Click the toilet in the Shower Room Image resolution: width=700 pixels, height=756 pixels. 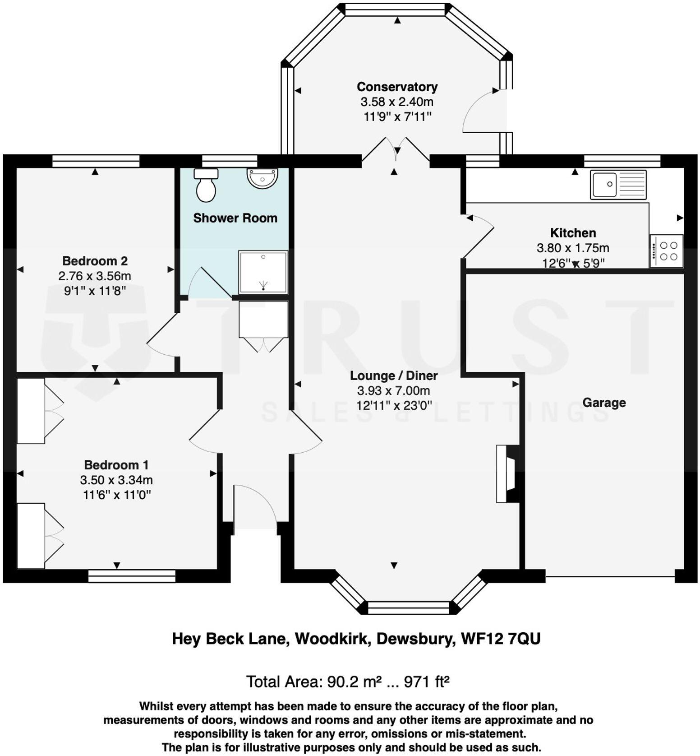[x=206, y=186]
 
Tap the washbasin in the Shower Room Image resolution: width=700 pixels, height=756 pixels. [x=262, y=178]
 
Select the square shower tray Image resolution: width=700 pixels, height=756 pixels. [x=263, y=273]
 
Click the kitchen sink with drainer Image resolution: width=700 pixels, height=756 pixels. [x=618, y=185]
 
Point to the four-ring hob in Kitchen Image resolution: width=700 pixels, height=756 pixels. [x=666, y=251]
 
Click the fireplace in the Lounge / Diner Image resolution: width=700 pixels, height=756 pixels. [x=506, y=473]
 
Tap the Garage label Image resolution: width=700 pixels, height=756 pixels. [x=604, y=402]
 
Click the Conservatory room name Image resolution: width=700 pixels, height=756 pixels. [x=397, y=87]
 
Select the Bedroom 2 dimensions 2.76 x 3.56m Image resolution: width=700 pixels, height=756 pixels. [x=95, y=276]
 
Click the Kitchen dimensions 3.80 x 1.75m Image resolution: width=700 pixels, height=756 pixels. [x=573, y=248]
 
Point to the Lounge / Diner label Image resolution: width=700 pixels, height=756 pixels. [x=394, y=376]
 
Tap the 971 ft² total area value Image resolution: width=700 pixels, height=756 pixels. [x=426, y=682]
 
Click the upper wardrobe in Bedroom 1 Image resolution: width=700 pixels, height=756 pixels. [x=31, y=411]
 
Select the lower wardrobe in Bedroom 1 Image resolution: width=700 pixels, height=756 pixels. [x=31, y=536]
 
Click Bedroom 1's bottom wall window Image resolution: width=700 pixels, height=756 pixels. [x=131, y=575]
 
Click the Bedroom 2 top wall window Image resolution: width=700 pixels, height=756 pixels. [x=96, y=161]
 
